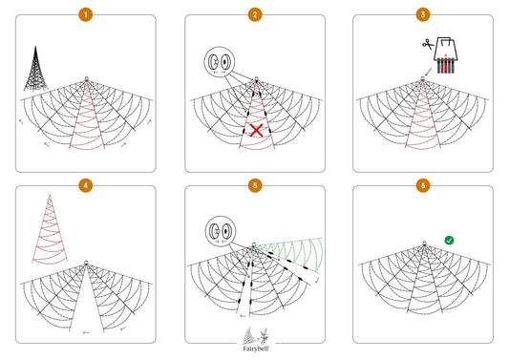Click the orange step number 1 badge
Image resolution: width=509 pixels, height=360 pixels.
click(x=86, y=14)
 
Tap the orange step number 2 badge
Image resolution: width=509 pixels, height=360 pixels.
click(x=255, y=14)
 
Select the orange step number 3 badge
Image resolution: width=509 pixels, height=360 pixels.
click(x=423, y=14)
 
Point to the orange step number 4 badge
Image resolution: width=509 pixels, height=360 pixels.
click(x=86, y=185)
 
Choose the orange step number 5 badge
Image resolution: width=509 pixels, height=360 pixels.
click(x=255, y=185)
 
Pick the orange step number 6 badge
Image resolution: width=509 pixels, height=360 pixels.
click(x=423, y=185)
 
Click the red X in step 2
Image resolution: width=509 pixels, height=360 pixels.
click(x=257, y=131)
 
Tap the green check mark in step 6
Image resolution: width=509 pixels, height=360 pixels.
click(x=449, y=241)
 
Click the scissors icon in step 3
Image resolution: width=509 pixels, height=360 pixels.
click(x=428, y=44)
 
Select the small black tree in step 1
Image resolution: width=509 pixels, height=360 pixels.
click(x=35, y=69)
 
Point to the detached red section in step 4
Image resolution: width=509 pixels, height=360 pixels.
click(x=50, y=229)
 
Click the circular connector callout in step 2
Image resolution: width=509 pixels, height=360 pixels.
click(x=219, y=62)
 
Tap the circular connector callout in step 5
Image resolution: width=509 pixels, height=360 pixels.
click(x=221, y=231)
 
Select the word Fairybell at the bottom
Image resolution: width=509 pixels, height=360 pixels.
click(x=256, y=349)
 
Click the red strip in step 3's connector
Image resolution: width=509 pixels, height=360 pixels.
click(x=446, y=65)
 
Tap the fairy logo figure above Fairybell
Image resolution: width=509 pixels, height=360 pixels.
click(x=264, y=336)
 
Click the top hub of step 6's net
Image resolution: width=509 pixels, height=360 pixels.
click(x=424, y=244)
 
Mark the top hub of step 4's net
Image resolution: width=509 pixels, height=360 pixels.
click(x=86, y=263)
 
